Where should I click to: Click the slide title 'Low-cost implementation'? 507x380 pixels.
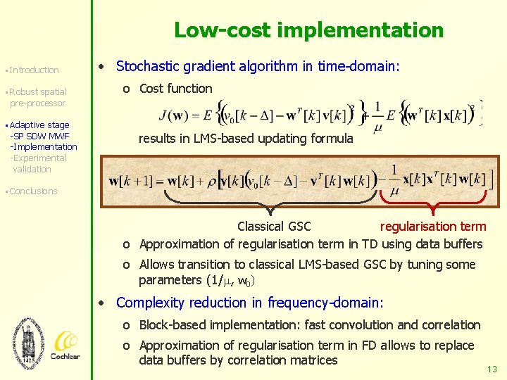click(x=308, y=30)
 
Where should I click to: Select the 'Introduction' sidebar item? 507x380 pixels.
click(x=34, y=70)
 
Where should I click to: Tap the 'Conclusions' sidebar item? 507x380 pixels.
click(x=33, y=191)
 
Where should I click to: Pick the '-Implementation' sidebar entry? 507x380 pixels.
click(x=44, y=146)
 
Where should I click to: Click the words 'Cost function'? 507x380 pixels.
click(x=175, y=89)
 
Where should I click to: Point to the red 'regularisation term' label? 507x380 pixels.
click(x=432, y=226)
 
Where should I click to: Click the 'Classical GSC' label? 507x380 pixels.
click(x=274, y=226)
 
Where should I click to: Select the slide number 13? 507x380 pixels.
click(x=492, y=369)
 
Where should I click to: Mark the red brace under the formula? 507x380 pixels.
click(x=432, y=208)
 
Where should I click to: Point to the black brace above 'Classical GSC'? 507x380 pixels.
click(x=270, y=206)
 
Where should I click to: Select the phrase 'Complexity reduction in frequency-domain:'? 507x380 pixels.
click(x=249, y=303)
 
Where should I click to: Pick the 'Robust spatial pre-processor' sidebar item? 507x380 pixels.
click(x=38, y=97)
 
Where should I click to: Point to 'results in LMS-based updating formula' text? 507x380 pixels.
click(x=246, y=139)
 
